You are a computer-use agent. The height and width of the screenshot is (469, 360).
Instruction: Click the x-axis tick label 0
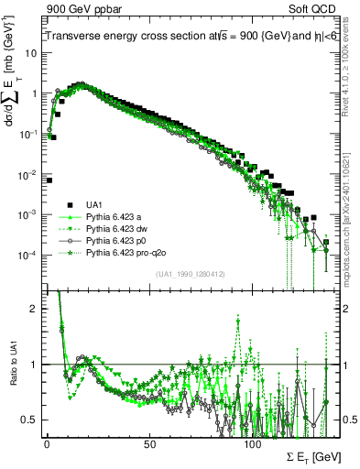pyautogui.click(x=47, y=442)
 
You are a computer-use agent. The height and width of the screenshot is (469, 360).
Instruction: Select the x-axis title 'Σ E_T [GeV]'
pyautogui.click(x=303, y=455)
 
